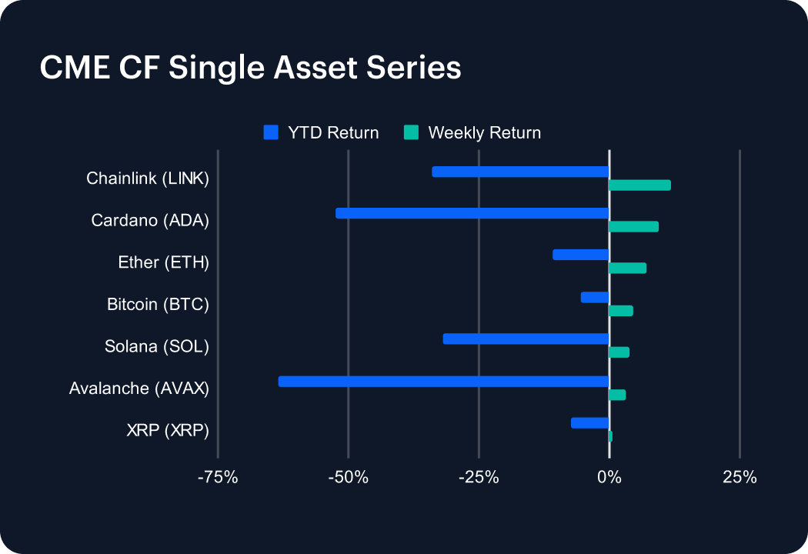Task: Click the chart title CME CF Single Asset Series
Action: [250, 68]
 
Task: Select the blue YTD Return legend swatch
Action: [270, 132]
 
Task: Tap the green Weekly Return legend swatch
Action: [412, 132]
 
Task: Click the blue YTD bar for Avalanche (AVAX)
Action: [443, 382]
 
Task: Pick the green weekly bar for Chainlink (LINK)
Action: [639, 185]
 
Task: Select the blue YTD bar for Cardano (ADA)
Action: [472, 213]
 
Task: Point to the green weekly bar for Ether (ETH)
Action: [627, 268]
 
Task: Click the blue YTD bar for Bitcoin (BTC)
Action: [595, 297]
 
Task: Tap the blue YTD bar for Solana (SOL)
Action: [526, 339]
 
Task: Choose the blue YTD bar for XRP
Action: [589, 422]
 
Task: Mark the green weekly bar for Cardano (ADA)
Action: [633, 226]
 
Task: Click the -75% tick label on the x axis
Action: [218, 478]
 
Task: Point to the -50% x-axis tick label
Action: [348, 478]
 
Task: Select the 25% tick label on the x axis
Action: [740, 478]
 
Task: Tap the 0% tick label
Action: [609, 478]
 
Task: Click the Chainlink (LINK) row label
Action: [148, 179]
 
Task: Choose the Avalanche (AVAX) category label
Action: [139, 389]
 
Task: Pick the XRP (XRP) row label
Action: [168, 430]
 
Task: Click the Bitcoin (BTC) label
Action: [158, 304]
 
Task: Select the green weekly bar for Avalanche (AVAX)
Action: [617, 395]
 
